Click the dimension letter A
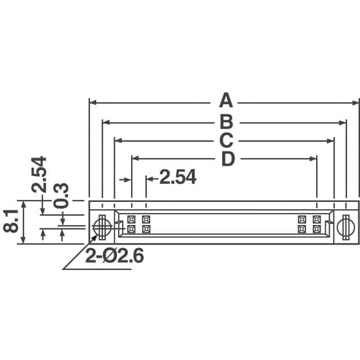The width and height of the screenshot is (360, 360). (x=225, y=101)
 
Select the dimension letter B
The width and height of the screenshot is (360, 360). (x=226, y=121)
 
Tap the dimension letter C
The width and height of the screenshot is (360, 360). (x=226, y=141)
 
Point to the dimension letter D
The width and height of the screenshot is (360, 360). (x=227, y=159)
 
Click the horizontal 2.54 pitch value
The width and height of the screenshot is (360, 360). (x=178, y=178)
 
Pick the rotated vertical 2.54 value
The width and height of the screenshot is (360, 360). (x=39, y=174)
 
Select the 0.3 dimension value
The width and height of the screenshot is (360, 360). (x=61, y=195)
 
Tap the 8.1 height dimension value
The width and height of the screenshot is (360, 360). (x=10, y=222)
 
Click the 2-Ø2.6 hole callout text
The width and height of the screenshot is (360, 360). (x=115, y=256)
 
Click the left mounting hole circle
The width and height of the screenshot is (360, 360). (x=102, y=227)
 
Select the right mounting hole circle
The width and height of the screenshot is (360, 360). (x=346, y=227)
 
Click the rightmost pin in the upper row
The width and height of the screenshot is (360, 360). (x=317, y=219)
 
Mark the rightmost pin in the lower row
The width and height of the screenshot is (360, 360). (x=317, y=229)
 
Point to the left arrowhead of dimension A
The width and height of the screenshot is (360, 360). (x=93, y=102)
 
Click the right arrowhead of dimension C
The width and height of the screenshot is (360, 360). (x=330, y=141)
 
